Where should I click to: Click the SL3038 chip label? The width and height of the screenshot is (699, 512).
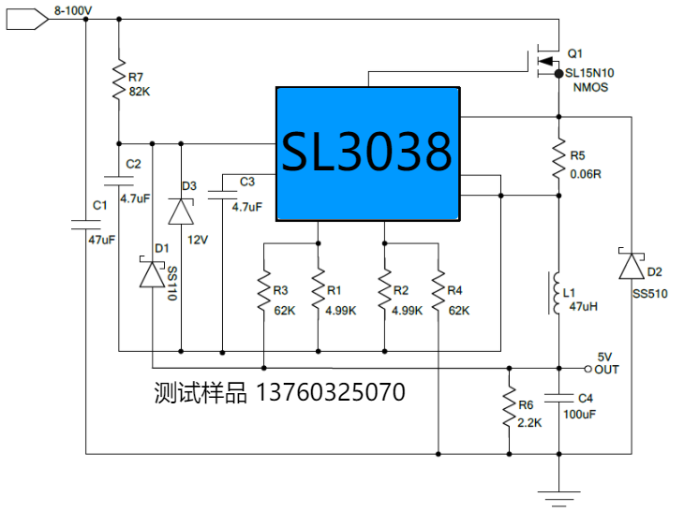click(x=367, y=152)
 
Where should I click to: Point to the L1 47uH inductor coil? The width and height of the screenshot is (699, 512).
click(x=558, y=293)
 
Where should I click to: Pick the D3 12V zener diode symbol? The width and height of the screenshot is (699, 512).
click(x=180, y=211)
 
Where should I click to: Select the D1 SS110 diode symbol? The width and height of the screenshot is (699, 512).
click(x=152, y=273)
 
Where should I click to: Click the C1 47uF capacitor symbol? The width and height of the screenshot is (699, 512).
click(x=85, y=224)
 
